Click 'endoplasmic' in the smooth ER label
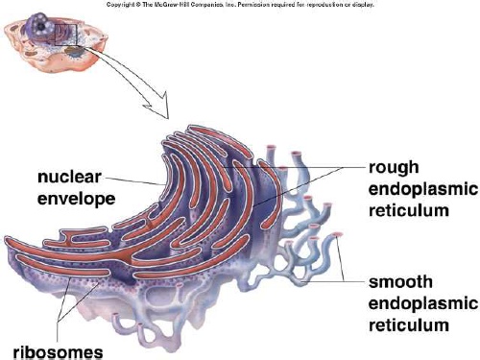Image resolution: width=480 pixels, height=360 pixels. point(420,305)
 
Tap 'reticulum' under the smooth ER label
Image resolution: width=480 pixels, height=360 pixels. point(407,326)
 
